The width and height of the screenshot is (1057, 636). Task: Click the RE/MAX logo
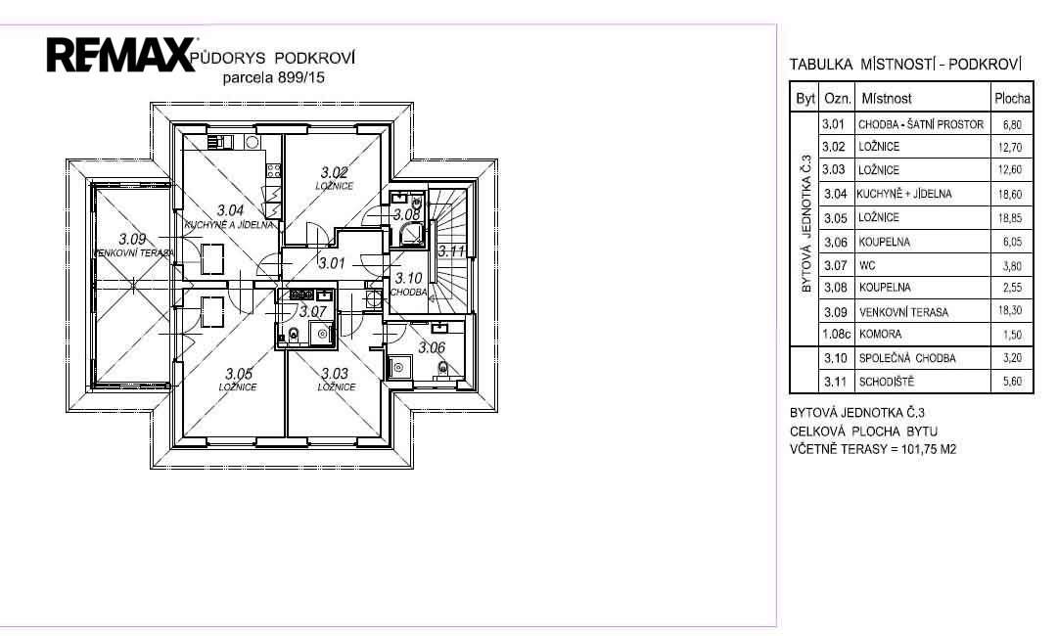pyautogui.click(x=120, y=55)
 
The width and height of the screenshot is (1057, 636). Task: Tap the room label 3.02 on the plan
pyautogui.click(x=335, y=173)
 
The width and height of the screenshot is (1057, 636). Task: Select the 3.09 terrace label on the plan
pyautogui.click(x=132, y=239)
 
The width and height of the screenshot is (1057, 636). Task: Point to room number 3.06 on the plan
pyautogui.click(x=432, y=347)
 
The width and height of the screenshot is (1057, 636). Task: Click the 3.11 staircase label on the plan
pyautogui.click(x=451, y=251)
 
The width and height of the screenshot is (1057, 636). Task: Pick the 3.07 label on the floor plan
pyautogui.click(x=313, y=312)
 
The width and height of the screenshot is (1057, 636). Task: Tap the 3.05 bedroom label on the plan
pyautogui.click(x=239, y=373)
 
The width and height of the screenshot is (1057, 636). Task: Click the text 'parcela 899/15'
pyautogui.click(x=274, y=77)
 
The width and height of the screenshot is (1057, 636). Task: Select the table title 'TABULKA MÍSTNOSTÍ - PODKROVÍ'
pyautogui.click(x=906, y=65)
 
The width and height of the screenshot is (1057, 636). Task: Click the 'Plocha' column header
pyautogui.click(x=1012, y=99)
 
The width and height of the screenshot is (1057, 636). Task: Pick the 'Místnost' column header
pyautogui.click(x=887, y=99)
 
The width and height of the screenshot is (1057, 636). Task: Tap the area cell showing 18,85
pyautogui.click(x=1010, y=218)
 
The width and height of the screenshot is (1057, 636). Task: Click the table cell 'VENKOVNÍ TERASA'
pyautogui.click(x=903, y=312)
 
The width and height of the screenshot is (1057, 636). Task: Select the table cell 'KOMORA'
pyautogui.click(x=880, y=335)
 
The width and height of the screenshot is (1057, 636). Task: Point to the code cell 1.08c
pyautogui.click(x=836, y=334)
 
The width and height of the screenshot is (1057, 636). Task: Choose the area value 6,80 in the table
pyautogui.click(x=1012, y=124)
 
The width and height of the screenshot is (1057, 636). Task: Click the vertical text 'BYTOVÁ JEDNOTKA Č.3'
pyautogui.click(x=806, y=224)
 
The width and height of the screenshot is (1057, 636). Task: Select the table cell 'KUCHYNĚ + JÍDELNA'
pyautogui.click(x=904, y=194)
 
